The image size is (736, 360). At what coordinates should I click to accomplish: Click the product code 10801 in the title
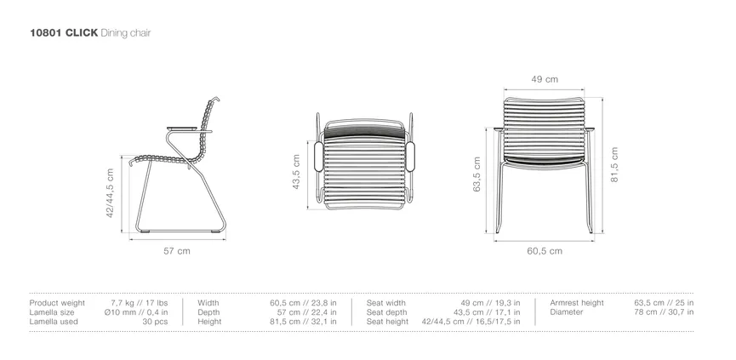(46, 33)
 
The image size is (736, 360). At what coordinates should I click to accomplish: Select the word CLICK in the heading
(82, 33)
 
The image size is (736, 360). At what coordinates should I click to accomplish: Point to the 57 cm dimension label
(177, 251)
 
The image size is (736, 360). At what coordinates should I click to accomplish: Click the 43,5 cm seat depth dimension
(296, 172)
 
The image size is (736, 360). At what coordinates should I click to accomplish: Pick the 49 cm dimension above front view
(545, 79)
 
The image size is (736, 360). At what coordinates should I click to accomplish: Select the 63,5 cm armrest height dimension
(476, 174)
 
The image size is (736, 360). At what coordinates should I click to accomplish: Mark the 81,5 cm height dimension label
(614, 164)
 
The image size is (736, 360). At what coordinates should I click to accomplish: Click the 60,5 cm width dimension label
(545, 251)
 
